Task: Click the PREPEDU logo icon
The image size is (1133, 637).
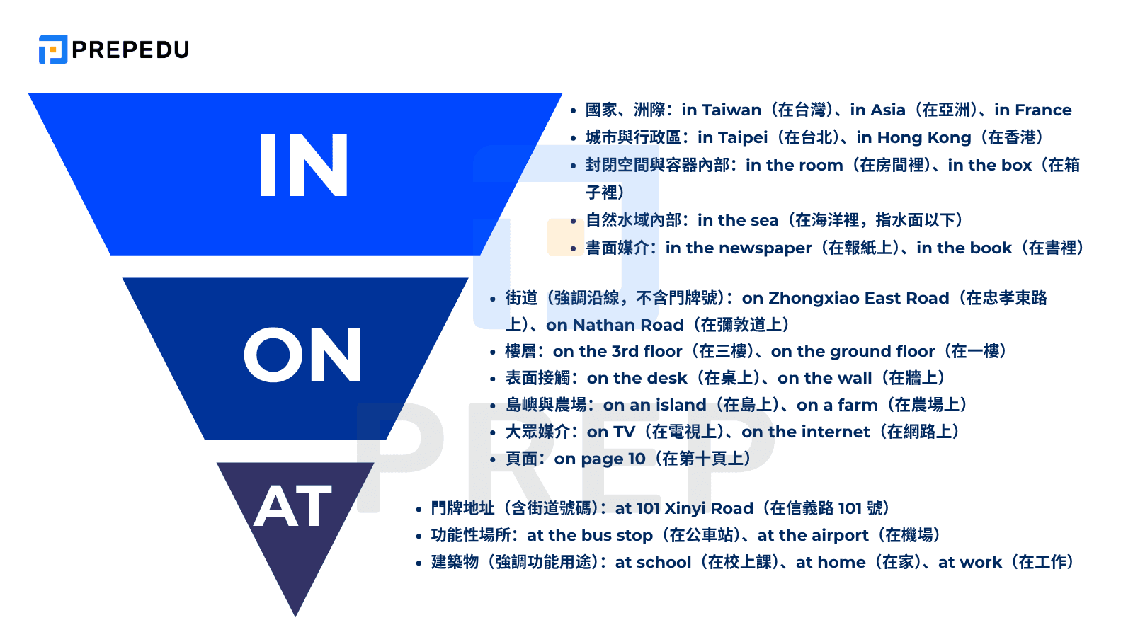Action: pos(53,50)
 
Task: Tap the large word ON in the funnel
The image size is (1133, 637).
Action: pos(302,355)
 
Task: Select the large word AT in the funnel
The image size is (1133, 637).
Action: pos(292,507)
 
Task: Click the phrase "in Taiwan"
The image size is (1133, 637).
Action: pos(721,110)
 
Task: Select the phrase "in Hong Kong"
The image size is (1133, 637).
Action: pos(913,137)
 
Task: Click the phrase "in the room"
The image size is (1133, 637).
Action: pos(794,165)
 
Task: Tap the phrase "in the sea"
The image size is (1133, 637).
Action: pos(737,220)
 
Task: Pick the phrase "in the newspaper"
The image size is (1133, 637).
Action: pos(738,248)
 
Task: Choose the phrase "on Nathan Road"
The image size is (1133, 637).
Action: pos(615,325)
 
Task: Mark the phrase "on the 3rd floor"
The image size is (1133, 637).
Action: pos(617,351)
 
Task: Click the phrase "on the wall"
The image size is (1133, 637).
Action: pos(824,378)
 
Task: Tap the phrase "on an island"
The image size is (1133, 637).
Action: pos(654,405)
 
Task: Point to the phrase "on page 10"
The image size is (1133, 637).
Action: pos(600,459)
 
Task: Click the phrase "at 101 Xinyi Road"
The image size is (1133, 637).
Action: pos(684,508)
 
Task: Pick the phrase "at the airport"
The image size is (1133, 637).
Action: pos(812,535)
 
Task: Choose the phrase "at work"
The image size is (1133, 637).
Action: pos(969,562)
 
